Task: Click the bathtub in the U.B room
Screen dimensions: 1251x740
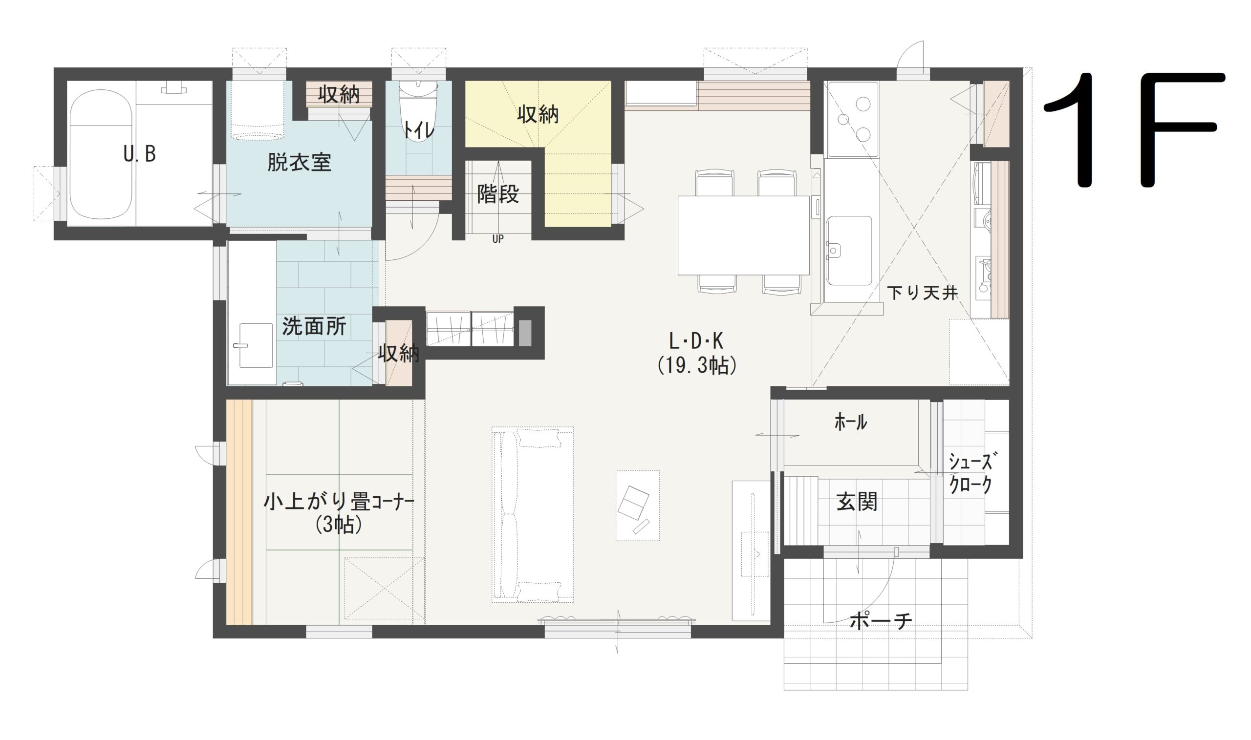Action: pos(101,154)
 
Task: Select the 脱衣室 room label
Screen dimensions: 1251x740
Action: pos(299,163)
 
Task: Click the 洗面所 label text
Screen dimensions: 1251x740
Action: pos(314,327)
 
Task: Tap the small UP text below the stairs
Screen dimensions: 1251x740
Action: pos(498,239)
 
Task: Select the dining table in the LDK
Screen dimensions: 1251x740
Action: pos(743,235)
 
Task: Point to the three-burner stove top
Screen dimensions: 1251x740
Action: pos(853,120)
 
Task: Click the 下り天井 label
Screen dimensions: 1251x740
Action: pos(922,293)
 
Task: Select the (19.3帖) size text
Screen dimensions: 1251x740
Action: pos(696,366)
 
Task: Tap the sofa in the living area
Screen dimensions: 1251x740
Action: pos(533,514)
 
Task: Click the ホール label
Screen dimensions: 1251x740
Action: pos(850,423)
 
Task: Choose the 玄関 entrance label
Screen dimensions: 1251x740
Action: pos(857,502)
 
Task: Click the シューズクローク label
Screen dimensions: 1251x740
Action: pos(970,473)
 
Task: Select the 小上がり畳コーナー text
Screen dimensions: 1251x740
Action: pos(339,502)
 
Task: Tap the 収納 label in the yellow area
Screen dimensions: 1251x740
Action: pos(538,115)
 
